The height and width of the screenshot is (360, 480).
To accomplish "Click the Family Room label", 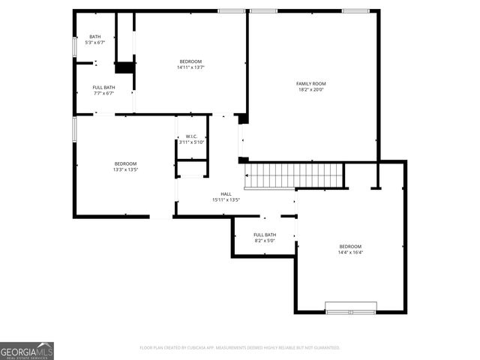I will click(311, 84).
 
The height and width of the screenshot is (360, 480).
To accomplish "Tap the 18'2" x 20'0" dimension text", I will click(311, 91).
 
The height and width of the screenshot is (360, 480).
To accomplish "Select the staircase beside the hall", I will click(294, 175).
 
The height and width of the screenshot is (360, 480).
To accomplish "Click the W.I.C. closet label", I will click(191, 136).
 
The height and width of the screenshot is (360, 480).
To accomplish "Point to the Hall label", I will click(226, 193).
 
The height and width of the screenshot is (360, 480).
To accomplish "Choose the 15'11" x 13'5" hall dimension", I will click(226, 200).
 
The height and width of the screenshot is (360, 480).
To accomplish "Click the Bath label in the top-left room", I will click(95, 37).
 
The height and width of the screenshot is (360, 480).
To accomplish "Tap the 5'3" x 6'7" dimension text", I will click(95, 43).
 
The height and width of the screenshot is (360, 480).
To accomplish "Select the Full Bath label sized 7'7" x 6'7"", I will click(103, 88).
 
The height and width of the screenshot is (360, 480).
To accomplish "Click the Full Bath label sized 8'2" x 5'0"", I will click(264, 235).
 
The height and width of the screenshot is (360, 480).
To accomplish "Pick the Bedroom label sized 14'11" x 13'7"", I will click(190, 61).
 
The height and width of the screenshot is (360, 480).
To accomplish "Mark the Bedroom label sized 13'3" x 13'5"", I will click(125, 163).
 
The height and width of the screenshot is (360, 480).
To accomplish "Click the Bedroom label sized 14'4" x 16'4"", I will click(350, 247).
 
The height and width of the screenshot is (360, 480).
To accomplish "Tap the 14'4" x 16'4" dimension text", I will click(350, 253).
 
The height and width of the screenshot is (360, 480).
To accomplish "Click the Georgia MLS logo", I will click(27, 350).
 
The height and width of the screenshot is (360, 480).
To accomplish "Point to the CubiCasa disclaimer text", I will click(240, 348).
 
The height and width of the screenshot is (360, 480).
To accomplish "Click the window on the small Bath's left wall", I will click(73, 46).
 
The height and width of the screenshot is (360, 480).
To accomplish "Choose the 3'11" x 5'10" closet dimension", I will click(191, 142).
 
